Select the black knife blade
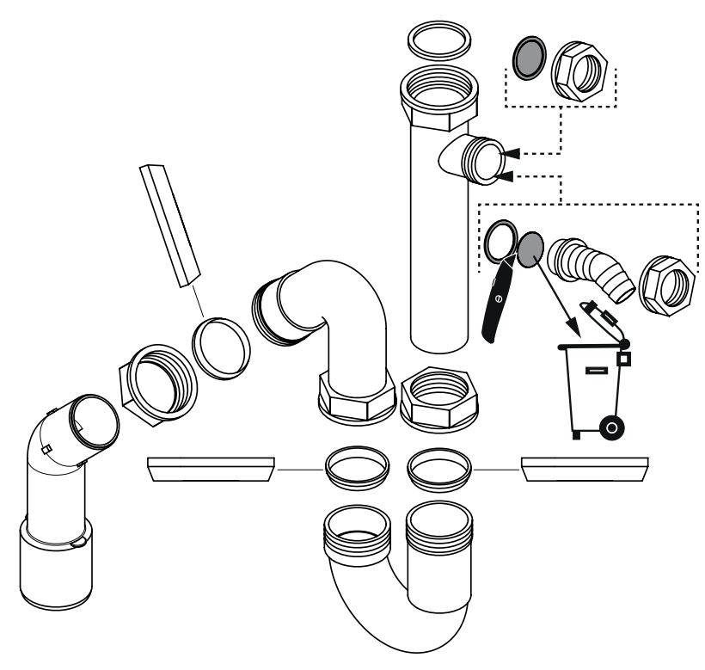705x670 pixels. click(496, 302)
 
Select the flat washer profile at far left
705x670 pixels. click(211, 470)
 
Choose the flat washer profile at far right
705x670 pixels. click(585, 470)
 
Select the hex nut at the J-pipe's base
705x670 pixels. click(356, 396)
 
